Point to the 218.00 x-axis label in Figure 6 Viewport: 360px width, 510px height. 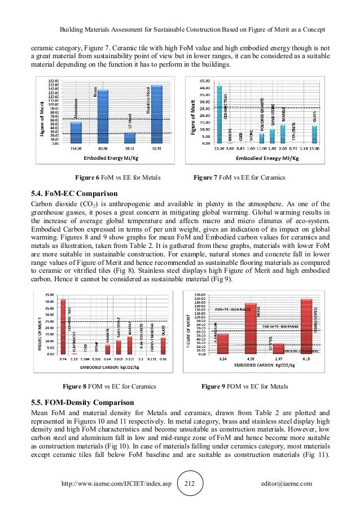click(77, 149)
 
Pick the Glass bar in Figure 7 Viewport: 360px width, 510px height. click(314, 134)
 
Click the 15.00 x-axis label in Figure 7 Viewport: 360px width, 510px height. click(315, 149)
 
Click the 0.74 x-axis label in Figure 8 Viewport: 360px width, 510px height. click(63, 359)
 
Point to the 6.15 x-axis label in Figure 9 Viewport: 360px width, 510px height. click(306, 359)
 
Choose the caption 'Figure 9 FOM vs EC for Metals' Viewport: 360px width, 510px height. click(244, 387)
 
